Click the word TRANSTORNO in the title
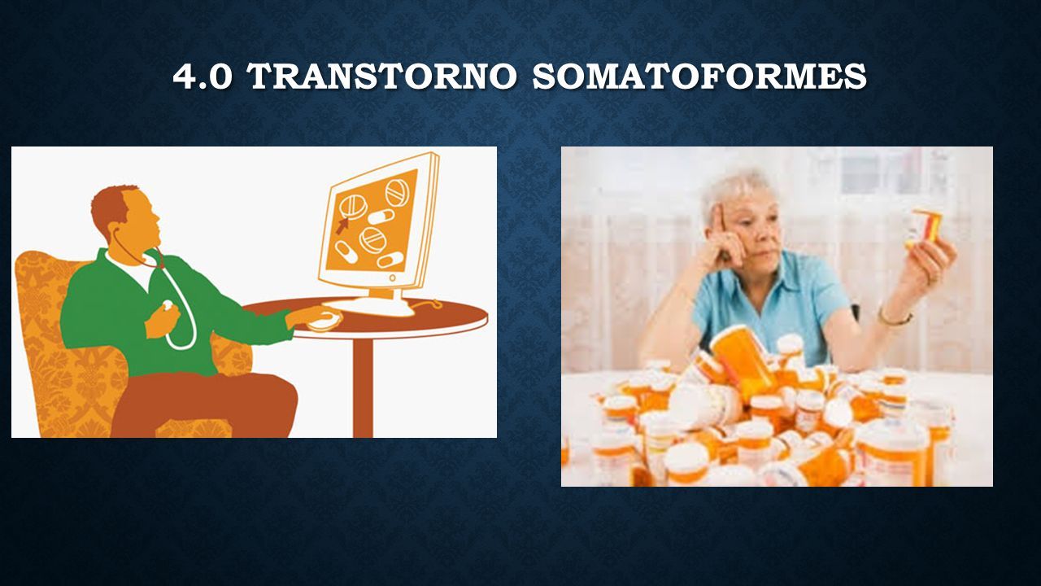(x=383, y=76)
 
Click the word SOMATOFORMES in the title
(x=699, y=76)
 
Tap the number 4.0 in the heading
(x=203, y=77)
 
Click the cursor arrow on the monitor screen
(x=342, y=225)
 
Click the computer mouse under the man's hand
(x=325, y=321)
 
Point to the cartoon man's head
(x=125, y=217)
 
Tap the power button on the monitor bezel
(x=392, y=278)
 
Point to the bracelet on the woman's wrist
(x=895, y=319)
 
